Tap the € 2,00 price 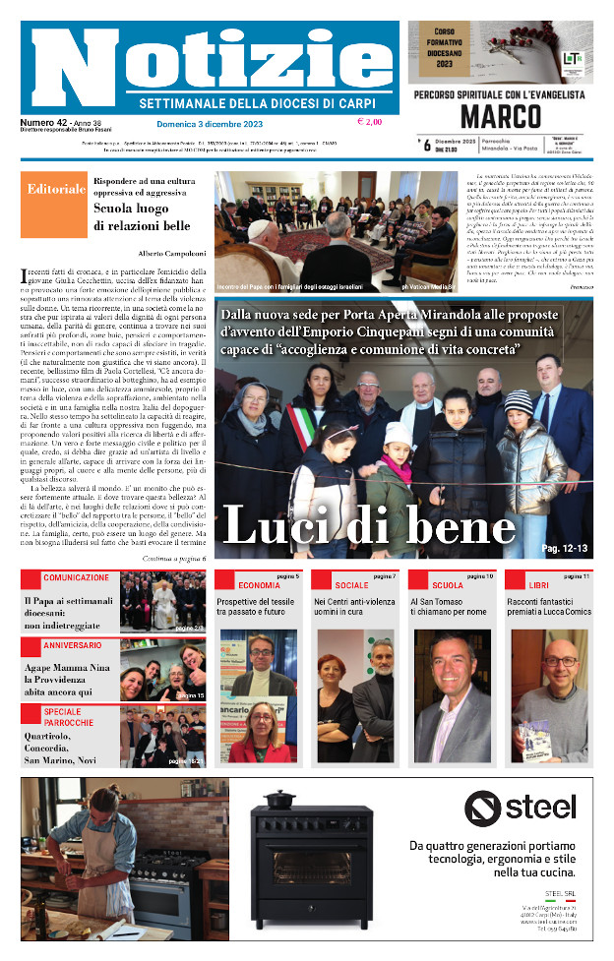pos(370,123)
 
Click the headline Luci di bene pos(368,524)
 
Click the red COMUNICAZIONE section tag pos(76,577)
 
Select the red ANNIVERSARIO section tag pos(72,645)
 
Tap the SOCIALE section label pos(351,585)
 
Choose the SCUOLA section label pos(447,585)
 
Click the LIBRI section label pos(539,585)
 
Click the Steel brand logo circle pos(484,809)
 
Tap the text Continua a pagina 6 pos(172,558)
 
